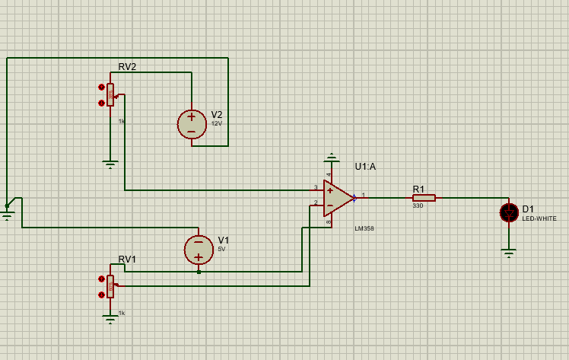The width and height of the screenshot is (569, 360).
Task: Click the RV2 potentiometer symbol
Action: (x=110, y=95)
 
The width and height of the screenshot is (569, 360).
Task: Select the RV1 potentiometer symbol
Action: (x=110, y=286)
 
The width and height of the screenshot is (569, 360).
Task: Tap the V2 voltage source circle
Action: (x=191, y=124)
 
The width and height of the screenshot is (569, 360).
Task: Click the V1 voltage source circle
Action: (x=199, y=249)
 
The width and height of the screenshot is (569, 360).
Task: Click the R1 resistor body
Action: (x=424, y=198)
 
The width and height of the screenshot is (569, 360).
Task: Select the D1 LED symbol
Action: (x=509, y=212)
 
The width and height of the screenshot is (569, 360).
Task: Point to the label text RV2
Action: (x=127, y=67)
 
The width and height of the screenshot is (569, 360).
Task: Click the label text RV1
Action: (x=127, y=259)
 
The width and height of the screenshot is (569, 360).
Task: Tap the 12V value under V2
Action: (x=216, y=123)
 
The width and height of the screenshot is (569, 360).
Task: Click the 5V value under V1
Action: (x=221, y=249)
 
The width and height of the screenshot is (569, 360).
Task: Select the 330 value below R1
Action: (x=418, y=206)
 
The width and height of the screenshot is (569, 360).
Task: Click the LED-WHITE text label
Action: (x=539, y=218)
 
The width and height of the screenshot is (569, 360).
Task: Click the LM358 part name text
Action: (x=364, y=228)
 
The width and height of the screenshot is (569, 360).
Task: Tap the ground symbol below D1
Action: (x=509, y=252)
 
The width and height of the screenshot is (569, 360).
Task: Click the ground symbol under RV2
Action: (x=110, y=163)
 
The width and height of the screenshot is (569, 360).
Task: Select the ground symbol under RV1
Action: (x=110, y=320)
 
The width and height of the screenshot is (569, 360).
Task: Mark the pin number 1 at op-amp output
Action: (x=363, y=196)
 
